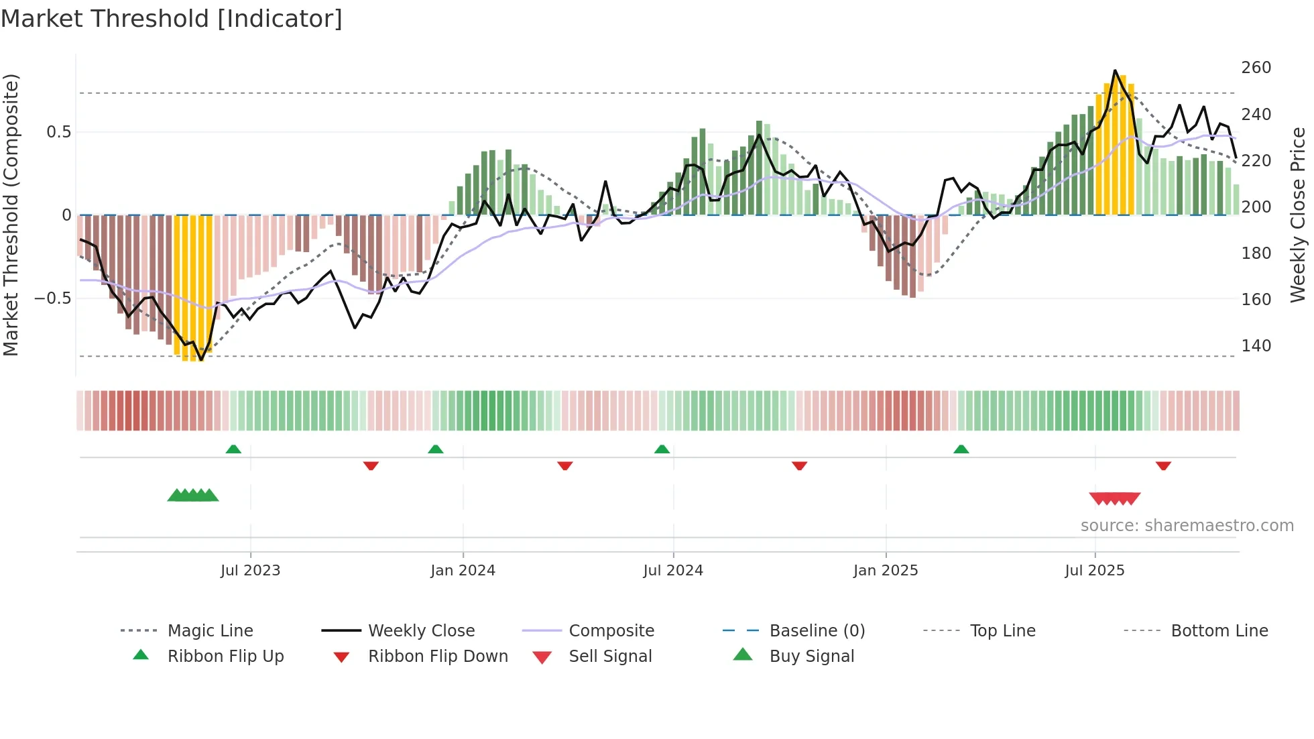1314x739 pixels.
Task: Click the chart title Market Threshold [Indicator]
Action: tap(172, 19)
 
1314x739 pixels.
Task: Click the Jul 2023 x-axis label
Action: tap(250, 571)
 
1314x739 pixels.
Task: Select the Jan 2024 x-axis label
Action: tap(463, 571)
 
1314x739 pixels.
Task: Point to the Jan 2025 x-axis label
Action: tap(885, 571)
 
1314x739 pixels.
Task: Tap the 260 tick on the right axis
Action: tap(1256, 68)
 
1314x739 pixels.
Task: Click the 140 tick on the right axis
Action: tap(1256, 346)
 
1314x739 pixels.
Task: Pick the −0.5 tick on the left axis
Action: tap(53, 298)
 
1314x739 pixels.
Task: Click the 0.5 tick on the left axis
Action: tap(58, 132)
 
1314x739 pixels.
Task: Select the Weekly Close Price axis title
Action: tap(1298, 215)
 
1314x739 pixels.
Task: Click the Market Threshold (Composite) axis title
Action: tap(11, 215)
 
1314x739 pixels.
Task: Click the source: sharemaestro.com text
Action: tap(1187, 526)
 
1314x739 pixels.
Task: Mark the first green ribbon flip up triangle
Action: tap(233, 449)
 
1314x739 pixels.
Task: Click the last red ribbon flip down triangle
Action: tap(1163, 465)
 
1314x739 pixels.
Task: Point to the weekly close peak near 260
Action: tap(1115, 70)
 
